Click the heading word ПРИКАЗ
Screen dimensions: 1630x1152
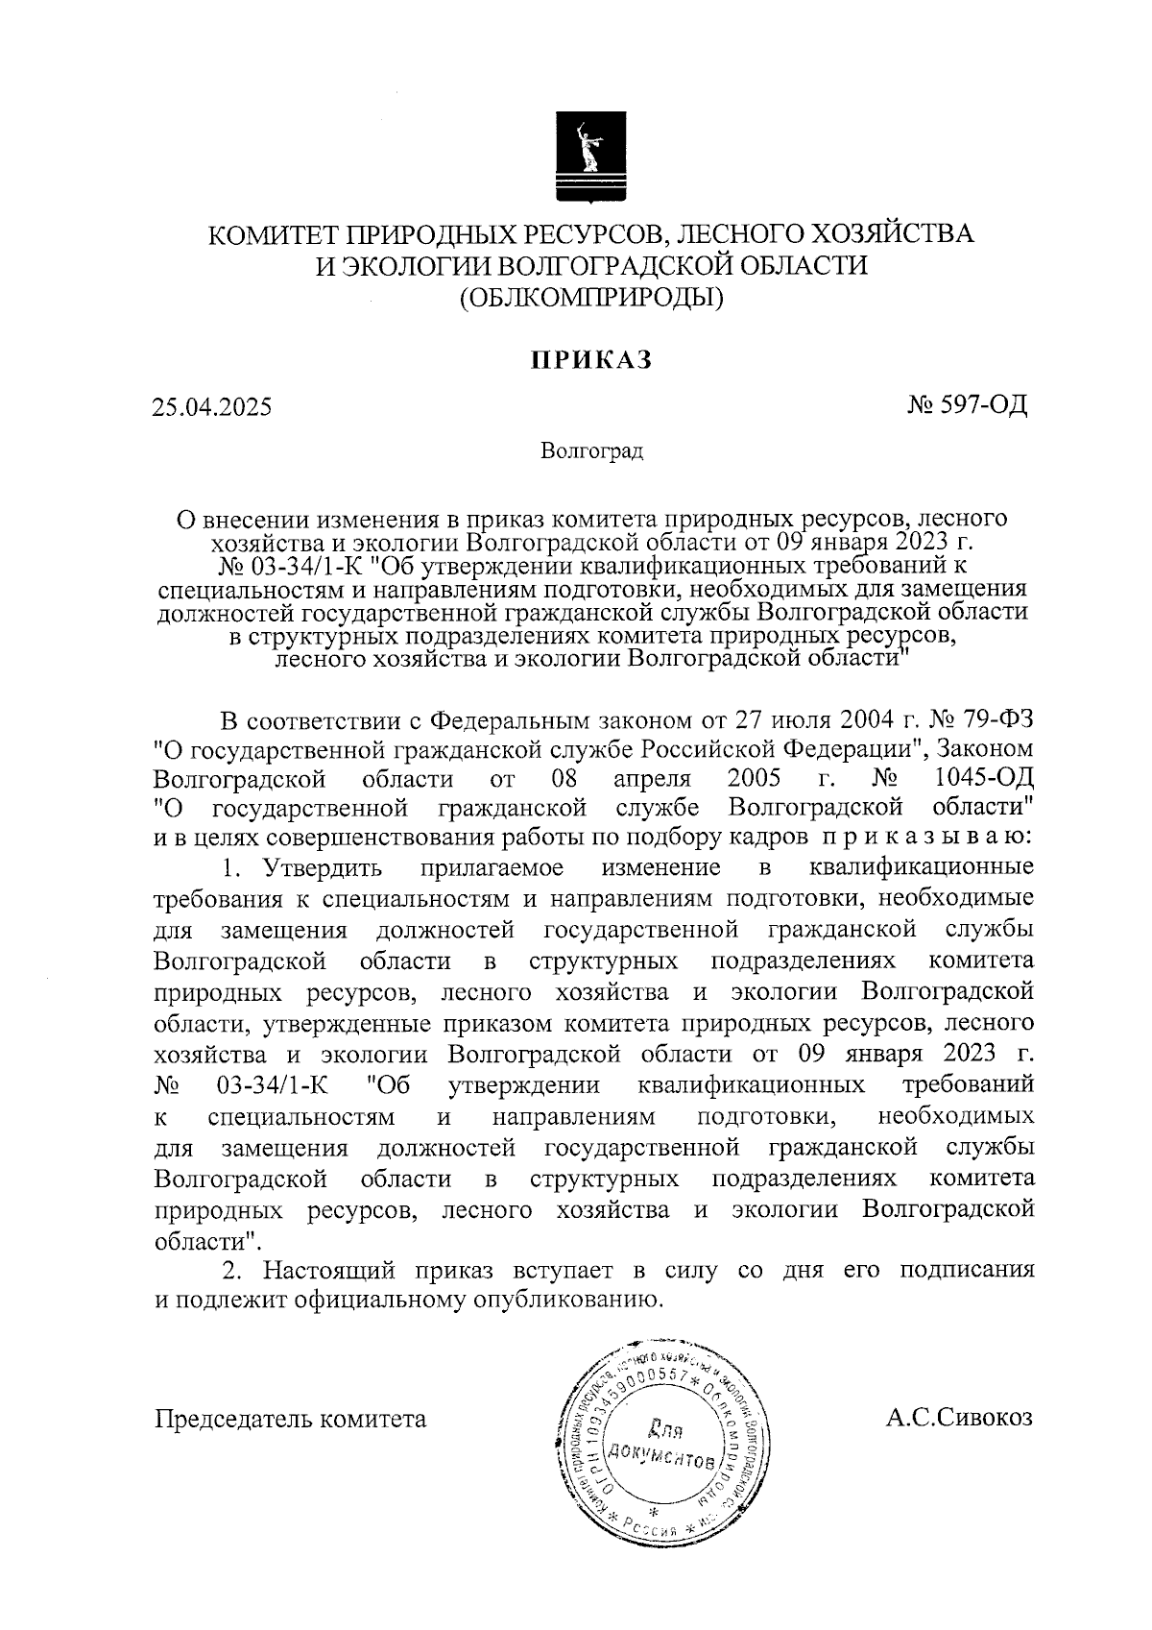click(x=592, y=359)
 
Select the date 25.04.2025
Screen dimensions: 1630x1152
click(x=211, y=406)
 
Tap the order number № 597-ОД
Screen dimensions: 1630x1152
click(x=967, y=404)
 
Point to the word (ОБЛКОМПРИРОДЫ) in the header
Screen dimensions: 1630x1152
click(x=591, y=299)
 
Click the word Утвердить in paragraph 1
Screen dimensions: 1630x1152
click(x=324, y=868)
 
